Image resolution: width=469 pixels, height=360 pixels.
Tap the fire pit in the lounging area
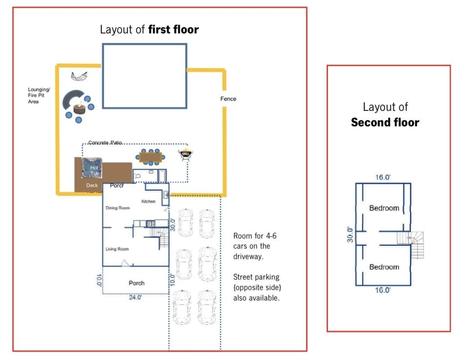[x=78, y=108]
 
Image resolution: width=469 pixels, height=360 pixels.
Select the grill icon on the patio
[x=186, y=154]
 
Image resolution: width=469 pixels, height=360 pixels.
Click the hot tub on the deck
[x=92, y=169]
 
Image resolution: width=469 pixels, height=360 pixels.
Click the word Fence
[x=228, y=99]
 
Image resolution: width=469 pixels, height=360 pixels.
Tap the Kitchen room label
[x=148, y=201]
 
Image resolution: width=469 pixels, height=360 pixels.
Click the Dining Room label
[x=118, y=208]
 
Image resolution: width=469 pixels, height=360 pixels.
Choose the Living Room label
[x=117, y=249]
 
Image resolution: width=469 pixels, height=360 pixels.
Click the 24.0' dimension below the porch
[x=135, y=297]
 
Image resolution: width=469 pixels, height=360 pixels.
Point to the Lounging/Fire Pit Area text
[x=39, y=96]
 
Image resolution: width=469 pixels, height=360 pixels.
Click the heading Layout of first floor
[x=149, y=29]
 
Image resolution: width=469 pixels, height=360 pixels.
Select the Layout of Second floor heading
[x=385, y=114]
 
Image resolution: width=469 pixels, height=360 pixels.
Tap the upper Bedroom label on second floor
[x=384, y=208]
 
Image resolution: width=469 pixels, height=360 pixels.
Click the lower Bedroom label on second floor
[x=384, y=267]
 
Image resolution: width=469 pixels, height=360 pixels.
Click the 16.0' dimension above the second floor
[x=383, y=177]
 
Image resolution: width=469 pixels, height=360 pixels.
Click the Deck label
[x=92, y=186]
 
